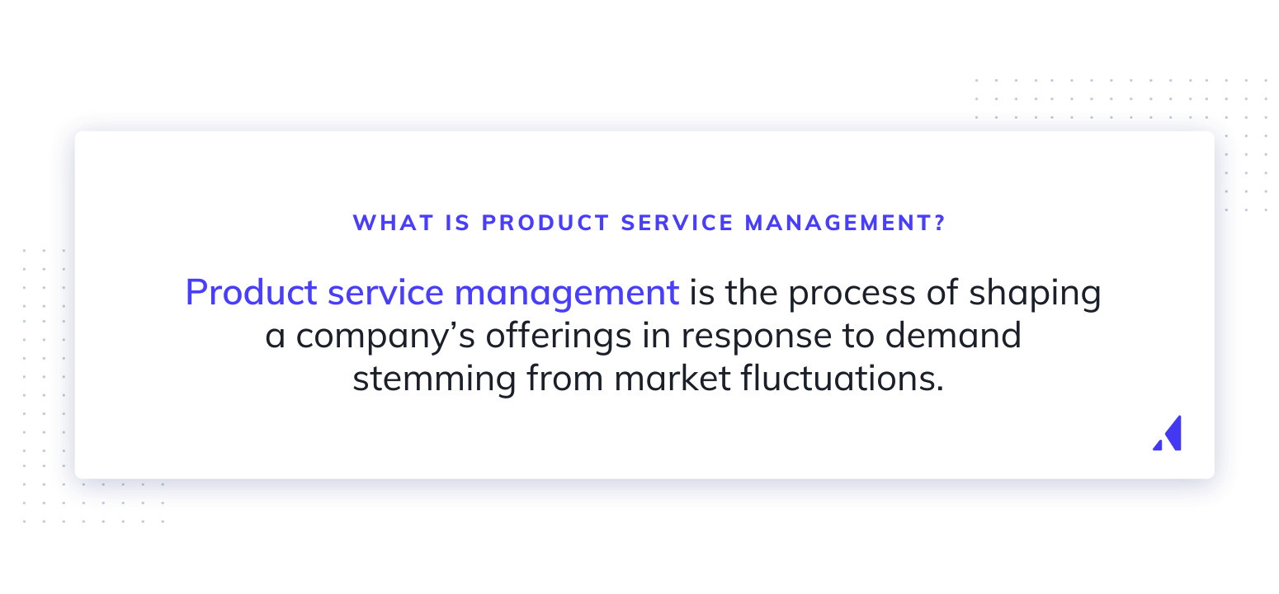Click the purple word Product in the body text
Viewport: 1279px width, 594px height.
pyautogui.click(x=251, y=293)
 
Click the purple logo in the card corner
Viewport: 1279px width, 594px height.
pyautogui.click(x=1168, y=433)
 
